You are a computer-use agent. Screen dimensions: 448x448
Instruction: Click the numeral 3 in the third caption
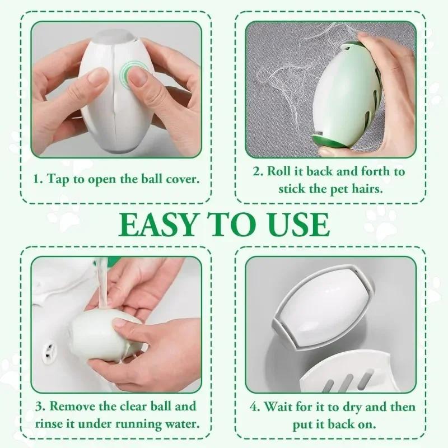coord(39,405)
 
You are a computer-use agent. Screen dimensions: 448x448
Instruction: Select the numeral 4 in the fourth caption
coord(254,405)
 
